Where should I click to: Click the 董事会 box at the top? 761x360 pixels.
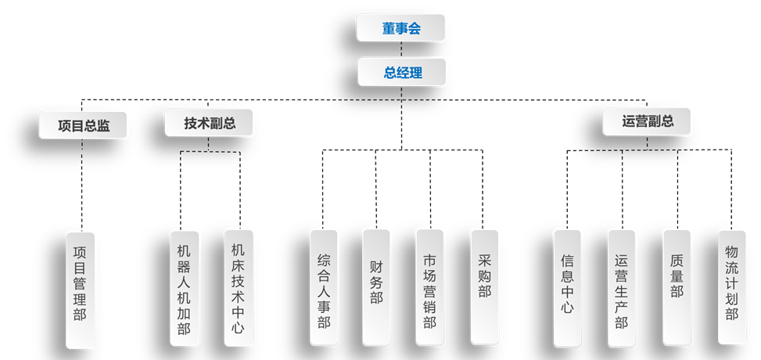tap(401, 28)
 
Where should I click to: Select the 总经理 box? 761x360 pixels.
tap(402, 73)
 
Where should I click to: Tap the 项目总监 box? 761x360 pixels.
tap(83, 125)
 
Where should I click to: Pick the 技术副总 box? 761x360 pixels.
tap(209, 123)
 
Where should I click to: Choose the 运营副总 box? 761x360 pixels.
tap(647, 121)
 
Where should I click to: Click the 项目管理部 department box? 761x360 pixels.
tap(80, 289)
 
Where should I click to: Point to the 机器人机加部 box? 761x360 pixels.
tap(184, 288)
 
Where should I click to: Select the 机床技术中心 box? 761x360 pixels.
tap(238, 287)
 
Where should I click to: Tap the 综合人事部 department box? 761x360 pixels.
tap(324, 287)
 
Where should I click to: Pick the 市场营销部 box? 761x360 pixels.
tap(429, 287)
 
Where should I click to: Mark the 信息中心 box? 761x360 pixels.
tap(567, 287)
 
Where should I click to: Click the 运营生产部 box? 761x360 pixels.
tap(621, 287)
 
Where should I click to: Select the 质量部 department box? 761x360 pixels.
tap(677, 286)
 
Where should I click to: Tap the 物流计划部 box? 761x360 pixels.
tap(731, 286)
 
